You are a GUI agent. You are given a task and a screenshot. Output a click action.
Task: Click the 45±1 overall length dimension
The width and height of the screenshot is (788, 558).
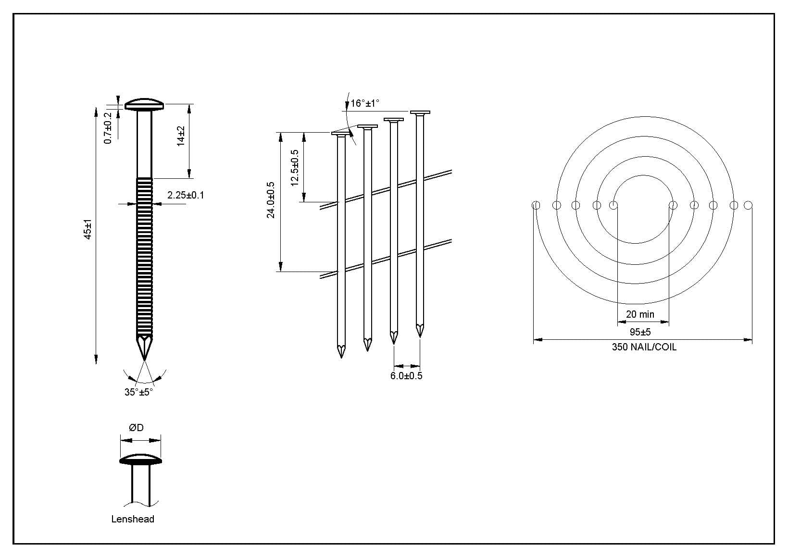(88, 229)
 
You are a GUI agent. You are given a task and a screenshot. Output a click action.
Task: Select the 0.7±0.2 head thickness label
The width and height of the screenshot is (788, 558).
(108, 128)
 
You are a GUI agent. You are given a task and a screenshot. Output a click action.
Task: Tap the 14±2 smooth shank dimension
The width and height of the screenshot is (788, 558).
(181, 136)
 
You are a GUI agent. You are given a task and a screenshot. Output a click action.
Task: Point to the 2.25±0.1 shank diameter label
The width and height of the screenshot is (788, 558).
(186, 195)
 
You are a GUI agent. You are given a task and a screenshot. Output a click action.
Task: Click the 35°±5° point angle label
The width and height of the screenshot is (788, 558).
(138, 392)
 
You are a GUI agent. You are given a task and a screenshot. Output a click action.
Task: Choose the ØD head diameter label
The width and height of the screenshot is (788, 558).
(136, 428)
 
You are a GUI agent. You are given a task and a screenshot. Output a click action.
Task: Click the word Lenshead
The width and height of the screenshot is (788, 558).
(133, 519)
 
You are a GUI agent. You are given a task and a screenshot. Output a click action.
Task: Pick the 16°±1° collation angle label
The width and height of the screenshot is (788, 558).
(365, 103)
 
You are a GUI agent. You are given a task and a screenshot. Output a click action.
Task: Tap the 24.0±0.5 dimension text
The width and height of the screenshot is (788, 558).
(271, 200)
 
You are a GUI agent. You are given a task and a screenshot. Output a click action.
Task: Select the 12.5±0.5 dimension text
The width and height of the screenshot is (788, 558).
(295, 168)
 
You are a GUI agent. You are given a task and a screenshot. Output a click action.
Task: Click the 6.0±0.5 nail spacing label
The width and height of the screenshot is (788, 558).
(406, 375)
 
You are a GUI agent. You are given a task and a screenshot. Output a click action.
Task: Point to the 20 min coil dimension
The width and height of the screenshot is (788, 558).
(640, 314)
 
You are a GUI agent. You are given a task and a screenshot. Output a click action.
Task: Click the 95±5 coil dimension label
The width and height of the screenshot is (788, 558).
(640, 332)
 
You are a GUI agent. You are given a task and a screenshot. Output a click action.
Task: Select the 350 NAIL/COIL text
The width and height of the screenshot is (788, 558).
(644, 347)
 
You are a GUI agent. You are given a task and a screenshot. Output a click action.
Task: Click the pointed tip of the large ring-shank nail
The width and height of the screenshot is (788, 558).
(145, 360)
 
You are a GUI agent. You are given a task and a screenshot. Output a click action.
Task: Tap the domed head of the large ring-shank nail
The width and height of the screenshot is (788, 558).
(145, 104)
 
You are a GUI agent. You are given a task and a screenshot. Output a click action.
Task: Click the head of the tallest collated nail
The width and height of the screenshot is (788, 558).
(420, 112)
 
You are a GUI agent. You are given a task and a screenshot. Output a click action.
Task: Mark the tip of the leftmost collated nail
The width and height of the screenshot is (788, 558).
(341, 357)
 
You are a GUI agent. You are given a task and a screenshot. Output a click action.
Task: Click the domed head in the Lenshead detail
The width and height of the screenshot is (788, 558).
(141, 459)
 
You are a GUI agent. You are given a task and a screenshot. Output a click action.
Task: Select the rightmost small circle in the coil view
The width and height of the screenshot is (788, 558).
(748, 205)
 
